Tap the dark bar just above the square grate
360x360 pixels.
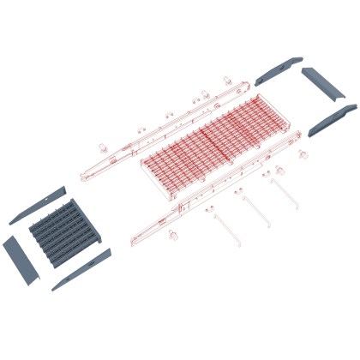[x=38, y=204]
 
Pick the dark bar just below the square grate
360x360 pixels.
[x=81, y=270]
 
